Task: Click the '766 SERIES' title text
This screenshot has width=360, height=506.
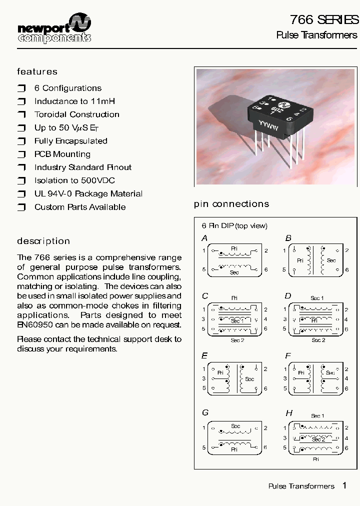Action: [x=324, y=19]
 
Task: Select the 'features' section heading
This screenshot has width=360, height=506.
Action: [x=37, y=71]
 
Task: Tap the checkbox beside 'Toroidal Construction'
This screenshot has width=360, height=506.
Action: [x=21, y=115]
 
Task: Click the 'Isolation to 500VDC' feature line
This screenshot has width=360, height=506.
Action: [x=74, y=180]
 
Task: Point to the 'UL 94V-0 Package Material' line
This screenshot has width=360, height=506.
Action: [x=88, y=193]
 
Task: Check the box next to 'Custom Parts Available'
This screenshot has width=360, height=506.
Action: [x=21, y=207]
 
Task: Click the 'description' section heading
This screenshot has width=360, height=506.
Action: [x=43, y=241]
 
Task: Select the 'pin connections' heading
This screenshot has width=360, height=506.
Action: [x=231, y=204]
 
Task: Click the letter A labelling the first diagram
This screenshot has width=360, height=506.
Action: [x=204, y=238]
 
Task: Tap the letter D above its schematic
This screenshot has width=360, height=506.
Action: [x=288, y=296]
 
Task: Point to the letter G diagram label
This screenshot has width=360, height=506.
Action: [x=205, y=413]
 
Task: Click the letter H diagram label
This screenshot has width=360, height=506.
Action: [x=289, y=413]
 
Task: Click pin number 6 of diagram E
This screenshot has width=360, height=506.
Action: [x=265, y=388]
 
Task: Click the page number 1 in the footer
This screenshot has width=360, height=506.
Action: [x=344, y=485]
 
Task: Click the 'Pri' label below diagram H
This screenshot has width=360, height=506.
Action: [x=316, y=458]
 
